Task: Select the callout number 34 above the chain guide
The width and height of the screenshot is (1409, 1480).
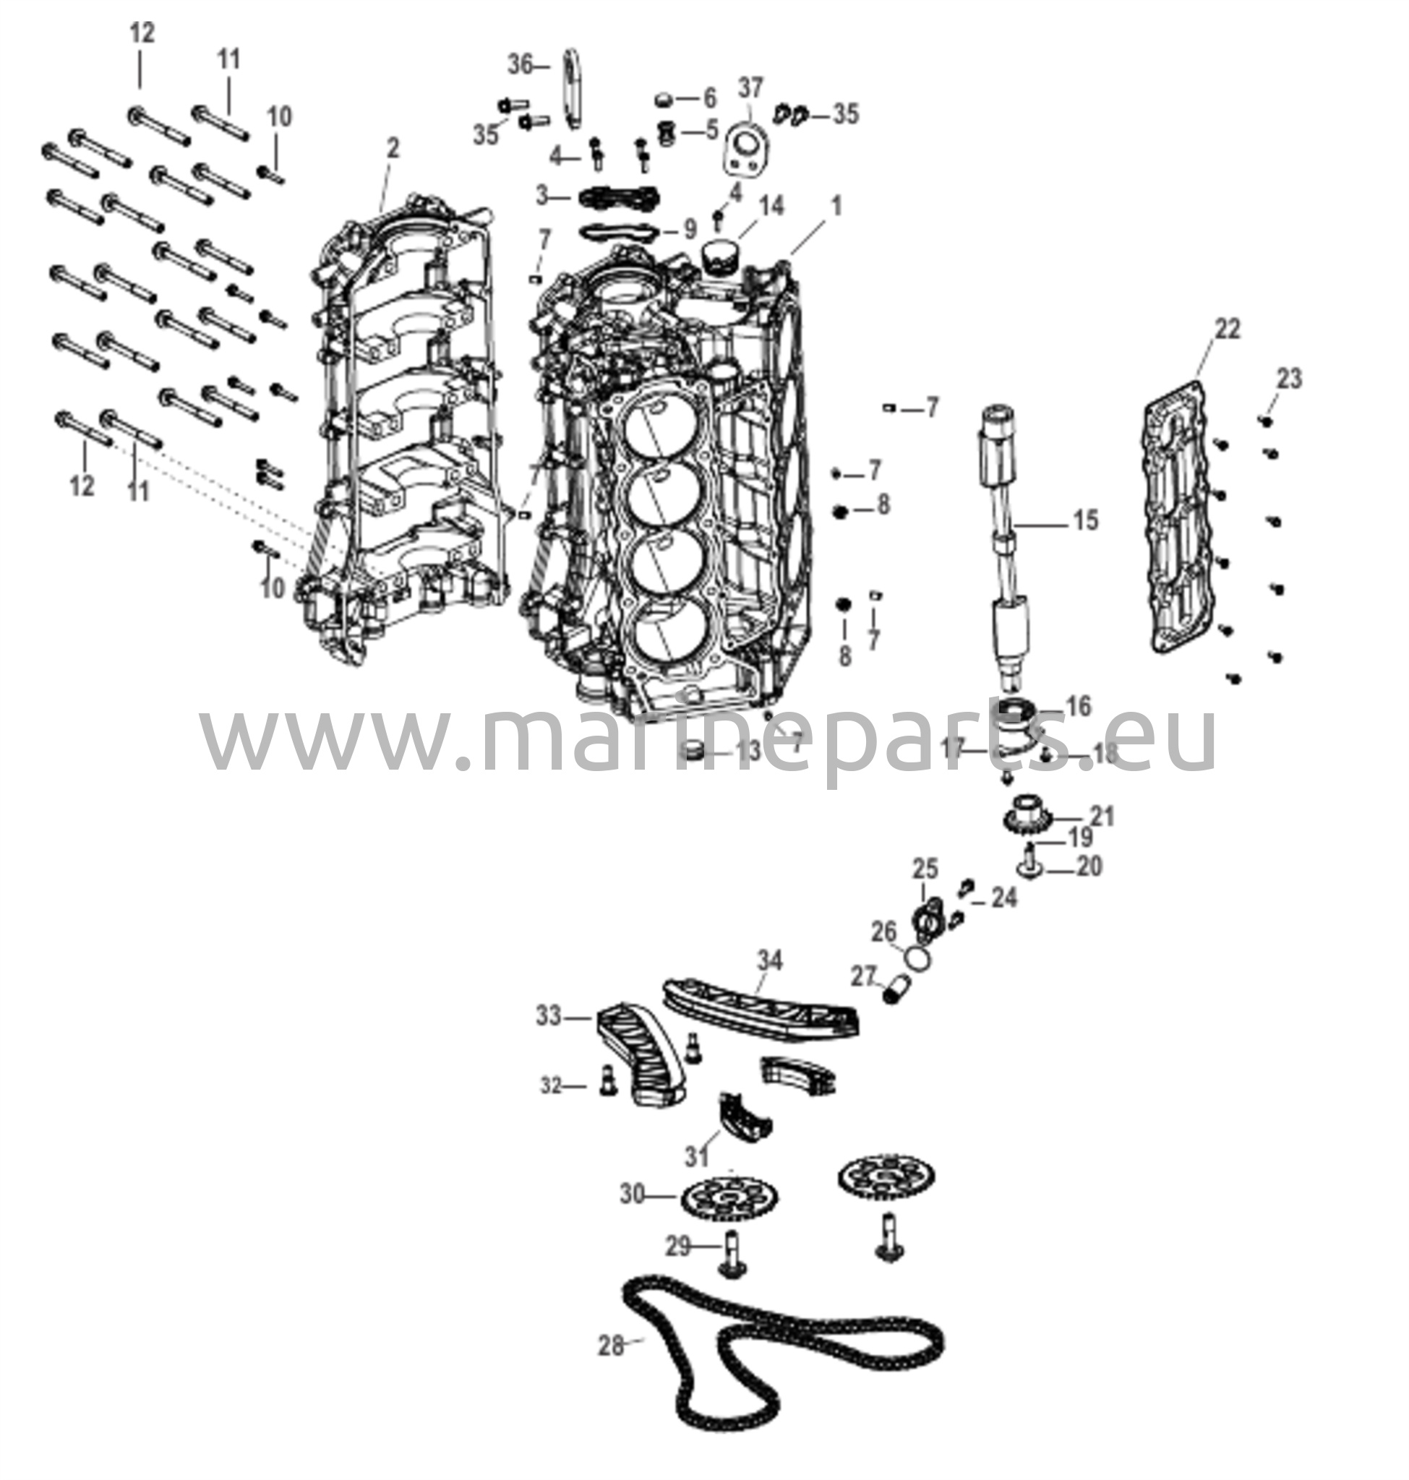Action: (x=769, y=960)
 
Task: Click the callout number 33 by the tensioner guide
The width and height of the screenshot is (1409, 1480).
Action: (x=548, y=1017)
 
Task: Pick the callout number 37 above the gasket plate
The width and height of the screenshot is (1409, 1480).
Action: (x=750, y=88)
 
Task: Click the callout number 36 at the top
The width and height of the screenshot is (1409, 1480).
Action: (x=520, y=65)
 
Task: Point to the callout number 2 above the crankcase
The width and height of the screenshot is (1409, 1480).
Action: (x=393, y=148)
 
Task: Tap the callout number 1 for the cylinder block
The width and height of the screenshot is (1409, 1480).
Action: (x=836, y=205)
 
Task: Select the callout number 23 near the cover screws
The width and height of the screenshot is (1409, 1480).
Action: (x=1289, y=379)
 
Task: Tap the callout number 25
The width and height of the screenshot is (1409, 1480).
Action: (x=925, y=869)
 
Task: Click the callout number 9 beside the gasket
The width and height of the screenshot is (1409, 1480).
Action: (x=690, y=228)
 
